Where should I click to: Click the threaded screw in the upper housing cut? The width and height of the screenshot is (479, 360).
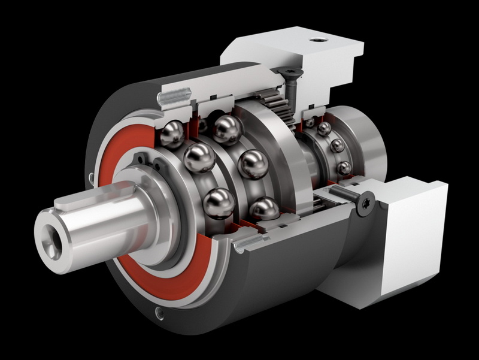[x=174, y=95]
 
